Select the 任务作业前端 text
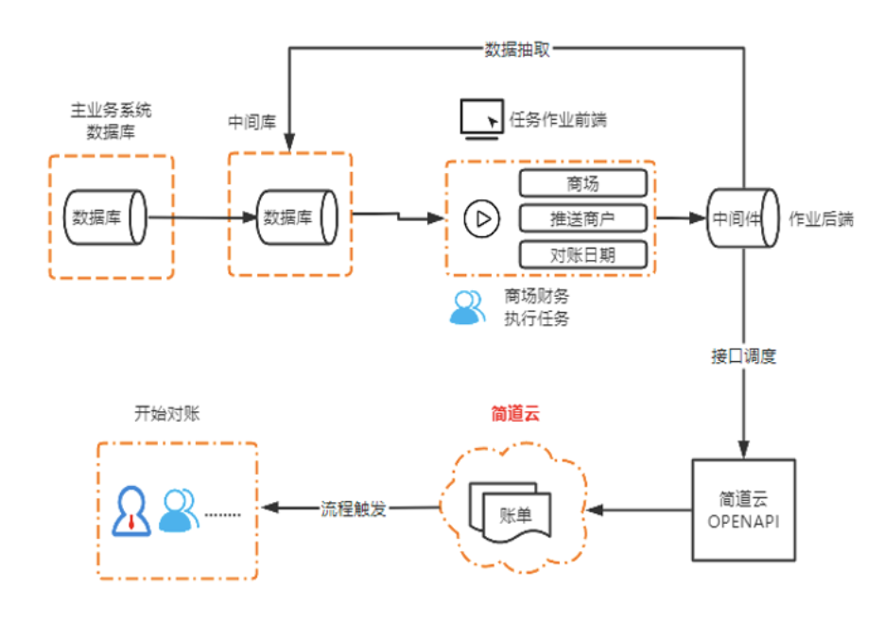558,120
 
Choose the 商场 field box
582,183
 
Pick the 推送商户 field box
582,218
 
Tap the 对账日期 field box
582,253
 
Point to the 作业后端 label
821,218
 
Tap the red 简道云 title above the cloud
515,413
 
